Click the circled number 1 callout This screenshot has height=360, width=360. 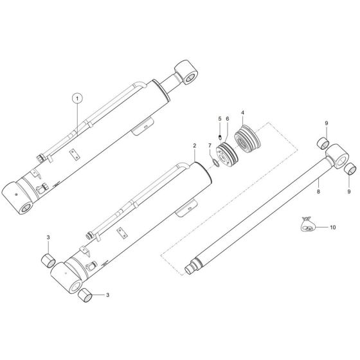pyautogui.click(x=78, y=98)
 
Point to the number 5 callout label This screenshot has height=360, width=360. pyautogui.click(x=219, y=119)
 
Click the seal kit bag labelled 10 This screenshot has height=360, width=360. pyautogui.click(x=307, y=225)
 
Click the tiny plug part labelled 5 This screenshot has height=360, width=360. pyautogui.click(x=219, y=136)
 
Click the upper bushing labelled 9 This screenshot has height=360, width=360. pyautogui.click(x=325, y=142)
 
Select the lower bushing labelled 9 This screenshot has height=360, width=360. pyautogui.click(x=351, y=169)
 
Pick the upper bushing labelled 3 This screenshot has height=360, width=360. pyautogui.click(x=45, y=260)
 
